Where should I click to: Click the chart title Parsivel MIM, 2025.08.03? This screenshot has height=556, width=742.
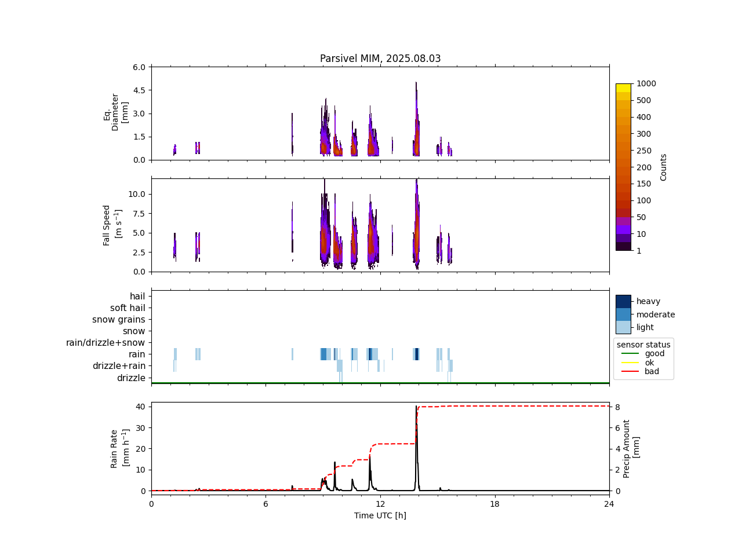(380, 58)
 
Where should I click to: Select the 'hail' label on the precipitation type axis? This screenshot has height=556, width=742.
(137, 297)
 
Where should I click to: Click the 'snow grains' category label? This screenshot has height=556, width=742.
(119, 320)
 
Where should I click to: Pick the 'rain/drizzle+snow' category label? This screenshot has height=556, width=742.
(106, 343)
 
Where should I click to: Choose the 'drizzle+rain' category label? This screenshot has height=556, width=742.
(119, 366)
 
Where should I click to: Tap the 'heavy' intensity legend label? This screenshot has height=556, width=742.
(648, 301)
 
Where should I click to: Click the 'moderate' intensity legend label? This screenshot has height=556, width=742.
(656, 314)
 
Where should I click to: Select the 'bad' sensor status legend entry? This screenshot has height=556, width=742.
(652, 372)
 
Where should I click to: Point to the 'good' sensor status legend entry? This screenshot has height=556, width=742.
(654, 353)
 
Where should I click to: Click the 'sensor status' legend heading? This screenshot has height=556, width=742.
(643, 345)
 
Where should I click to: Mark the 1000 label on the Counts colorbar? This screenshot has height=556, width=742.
(646, 83)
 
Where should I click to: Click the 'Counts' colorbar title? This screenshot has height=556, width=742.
(664, 167)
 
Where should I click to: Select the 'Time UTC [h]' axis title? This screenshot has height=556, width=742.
(380, 515)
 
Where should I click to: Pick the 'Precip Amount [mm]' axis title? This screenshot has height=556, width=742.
(631, 449)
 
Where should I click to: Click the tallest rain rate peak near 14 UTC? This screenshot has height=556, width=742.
(416, 407)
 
